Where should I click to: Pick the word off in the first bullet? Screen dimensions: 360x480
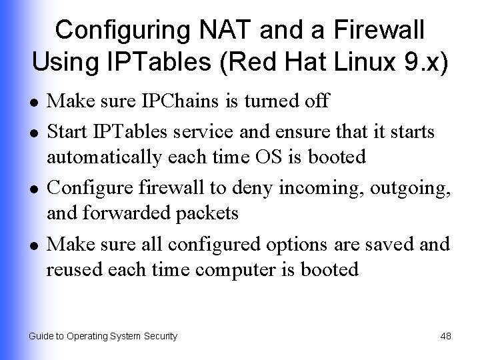coord(316,101)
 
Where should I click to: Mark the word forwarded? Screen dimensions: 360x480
coord(128,213)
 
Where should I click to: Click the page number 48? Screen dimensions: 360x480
coord(446,336)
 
